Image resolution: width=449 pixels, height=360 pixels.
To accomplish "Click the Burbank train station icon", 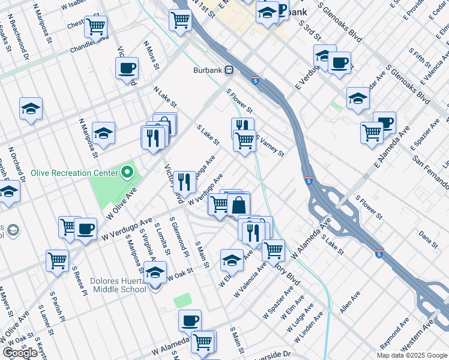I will [x=229, y=70].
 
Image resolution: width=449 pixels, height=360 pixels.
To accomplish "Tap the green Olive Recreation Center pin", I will [x=126, y=173].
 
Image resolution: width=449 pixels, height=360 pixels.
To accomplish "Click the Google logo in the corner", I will [x=19, y=353].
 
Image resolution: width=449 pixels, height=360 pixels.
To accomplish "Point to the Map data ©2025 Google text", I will [x=412, y=355].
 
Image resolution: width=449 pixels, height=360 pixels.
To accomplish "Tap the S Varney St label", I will [x=270, y=145].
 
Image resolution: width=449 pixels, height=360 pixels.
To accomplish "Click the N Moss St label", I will [x=151, y=55].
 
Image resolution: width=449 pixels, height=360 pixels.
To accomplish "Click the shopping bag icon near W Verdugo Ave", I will [x=239, y=205].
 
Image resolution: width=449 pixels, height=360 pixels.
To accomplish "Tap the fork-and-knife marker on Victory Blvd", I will [x=184, y=181].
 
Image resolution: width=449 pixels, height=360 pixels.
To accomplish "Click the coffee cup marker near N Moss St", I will [x=127, y=68].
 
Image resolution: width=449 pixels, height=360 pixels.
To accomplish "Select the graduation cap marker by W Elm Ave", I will [x=232, y=260].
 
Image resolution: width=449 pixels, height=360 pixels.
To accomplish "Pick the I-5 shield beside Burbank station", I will [x=257, y=80].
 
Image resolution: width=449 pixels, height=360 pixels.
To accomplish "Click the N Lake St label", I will [x=164, y=97].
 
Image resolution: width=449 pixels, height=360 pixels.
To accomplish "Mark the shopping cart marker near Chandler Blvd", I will [x=95, y=26].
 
